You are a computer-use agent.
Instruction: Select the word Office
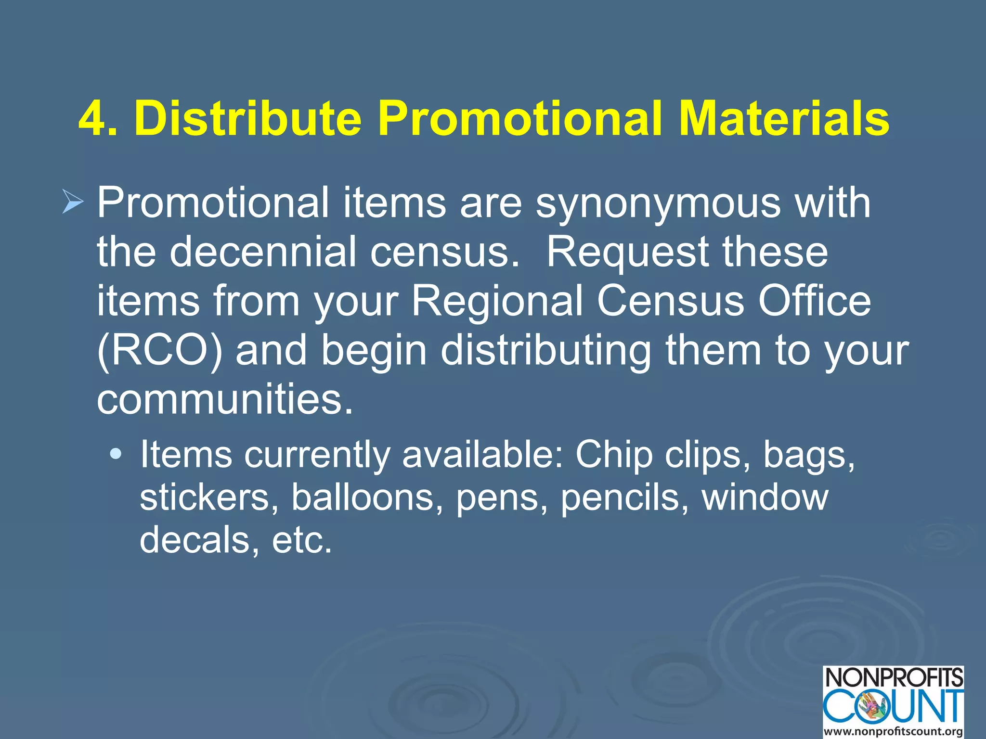tap(814, 301)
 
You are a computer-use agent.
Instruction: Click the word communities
tap(225, 399)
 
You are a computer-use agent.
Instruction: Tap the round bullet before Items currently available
tap(116, 454)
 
